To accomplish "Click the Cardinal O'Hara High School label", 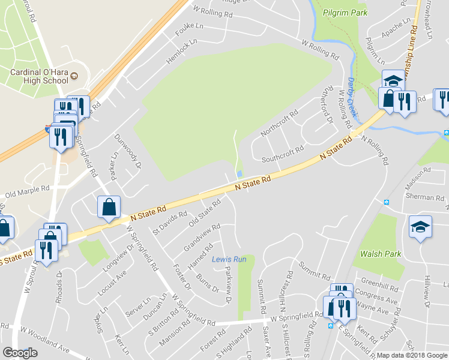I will [39, 76].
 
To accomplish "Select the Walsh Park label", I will [381, 254].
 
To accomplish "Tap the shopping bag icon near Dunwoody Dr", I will [109, 208].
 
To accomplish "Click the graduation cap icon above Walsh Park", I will [420, 227].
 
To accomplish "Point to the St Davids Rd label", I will [170, 223].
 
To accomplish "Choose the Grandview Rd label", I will [202, 238].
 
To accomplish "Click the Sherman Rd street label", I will [420, 197].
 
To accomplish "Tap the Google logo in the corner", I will [20, 353].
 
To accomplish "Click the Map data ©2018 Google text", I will [412, 355].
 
